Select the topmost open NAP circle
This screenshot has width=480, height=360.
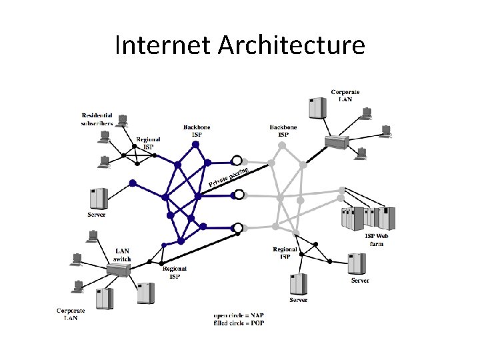236,161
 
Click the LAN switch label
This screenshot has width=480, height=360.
123,255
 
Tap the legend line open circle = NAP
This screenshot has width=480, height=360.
241,315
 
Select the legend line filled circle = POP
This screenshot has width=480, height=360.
241,323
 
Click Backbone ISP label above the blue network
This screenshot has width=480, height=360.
197,130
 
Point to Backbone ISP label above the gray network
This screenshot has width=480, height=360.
283,130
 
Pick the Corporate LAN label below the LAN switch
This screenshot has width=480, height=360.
71,314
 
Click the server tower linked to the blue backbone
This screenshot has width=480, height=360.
98,198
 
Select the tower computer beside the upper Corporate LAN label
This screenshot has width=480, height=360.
316,107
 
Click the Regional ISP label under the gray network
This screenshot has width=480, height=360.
285,253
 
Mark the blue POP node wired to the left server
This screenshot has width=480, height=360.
133,183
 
